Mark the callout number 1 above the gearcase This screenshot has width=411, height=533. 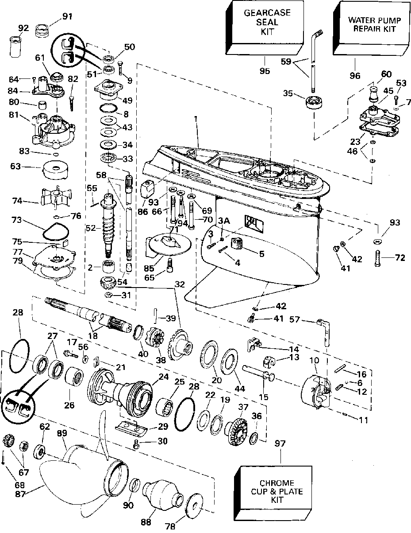pos(196,118)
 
